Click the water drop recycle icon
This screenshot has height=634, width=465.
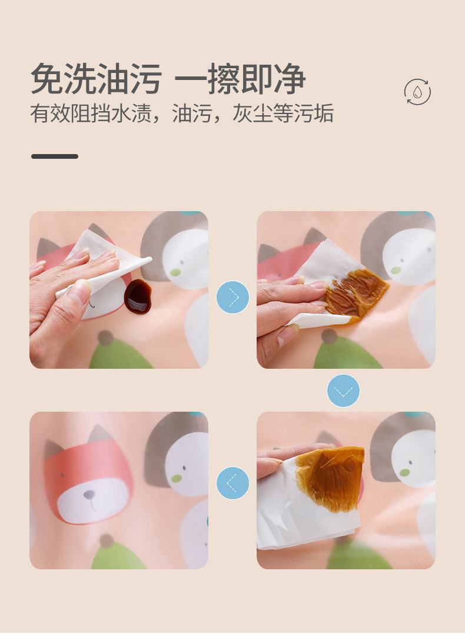tap(417, 92)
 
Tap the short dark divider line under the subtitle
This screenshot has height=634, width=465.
tap(55, 156)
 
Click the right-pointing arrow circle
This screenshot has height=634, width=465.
tap(232, 297)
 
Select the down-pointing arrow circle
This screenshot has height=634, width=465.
tap(343, 391)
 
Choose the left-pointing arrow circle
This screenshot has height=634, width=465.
tap(232, 483)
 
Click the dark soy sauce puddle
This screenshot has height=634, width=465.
tap(138, 296)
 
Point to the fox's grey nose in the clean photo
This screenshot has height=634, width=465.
tap(89, 495)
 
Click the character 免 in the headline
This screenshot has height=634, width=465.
tap(47, 79)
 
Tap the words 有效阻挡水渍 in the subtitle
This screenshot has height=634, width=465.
tap(91, 113)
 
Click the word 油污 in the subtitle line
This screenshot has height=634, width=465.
tap(192, 113)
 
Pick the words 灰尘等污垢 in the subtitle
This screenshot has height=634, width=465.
tap(283, 113)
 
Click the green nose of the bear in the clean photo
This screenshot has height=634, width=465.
tap(177, 478)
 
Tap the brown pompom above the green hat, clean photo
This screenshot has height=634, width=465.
tap(107, 540)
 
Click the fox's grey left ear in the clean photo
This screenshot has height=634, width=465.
tap(54, 449)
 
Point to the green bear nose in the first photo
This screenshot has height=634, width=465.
tap(175, 272)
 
